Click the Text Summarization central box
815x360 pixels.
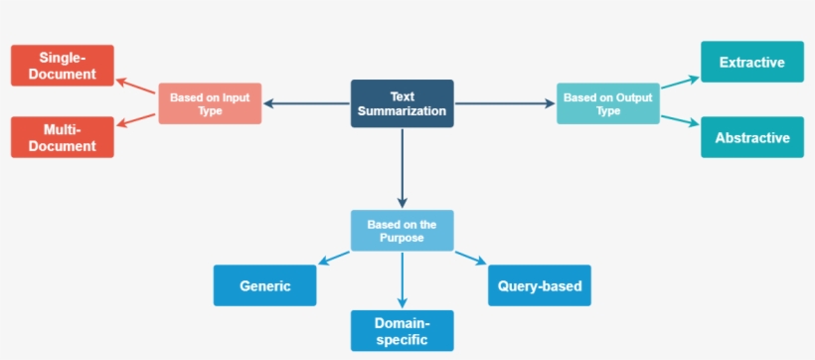(403, 103)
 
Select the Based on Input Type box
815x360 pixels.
(210, 103)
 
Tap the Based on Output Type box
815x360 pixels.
(607, 103)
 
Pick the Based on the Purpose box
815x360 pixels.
(403, 231)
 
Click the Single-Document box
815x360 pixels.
(63, 66)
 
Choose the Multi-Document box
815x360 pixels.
(63, 137)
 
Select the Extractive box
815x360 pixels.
(751, 62)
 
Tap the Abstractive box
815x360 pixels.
(751, 137)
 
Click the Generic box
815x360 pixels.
(265, 285)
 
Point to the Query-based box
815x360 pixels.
(540, 285)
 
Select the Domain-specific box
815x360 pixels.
(403, 331)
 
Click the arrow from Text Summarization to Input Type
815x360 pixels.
(307, 103)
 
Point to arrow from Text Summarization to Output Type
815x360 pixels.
(506, 103)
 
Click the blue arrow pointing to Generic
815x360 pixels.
(334, 259)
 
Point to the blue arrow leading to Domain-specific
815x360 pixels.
(403, 279)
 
